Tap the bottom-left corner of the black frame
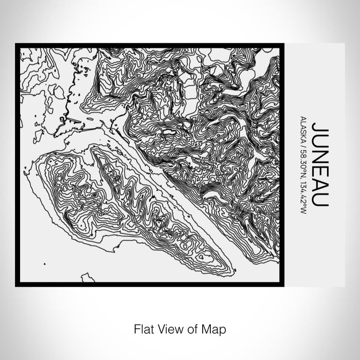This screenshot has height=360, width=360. [17, 284]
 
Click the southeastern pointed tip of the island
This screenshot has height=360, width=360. [232, 268]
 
